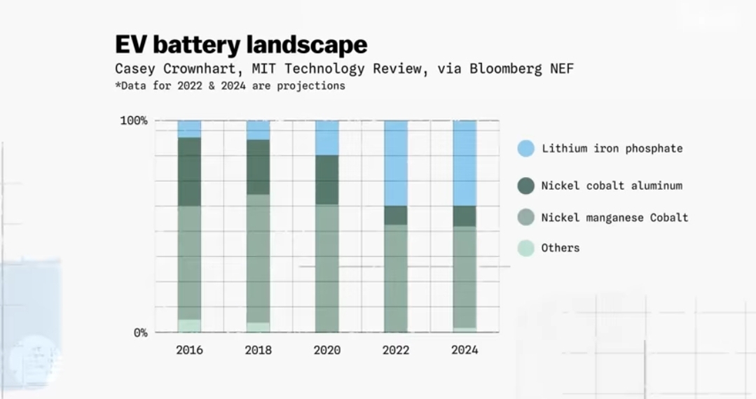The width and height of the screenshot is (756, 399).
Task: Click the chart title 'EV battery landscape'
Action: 241,45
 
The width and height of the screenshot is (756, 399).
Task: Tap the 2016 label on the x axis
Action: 189,350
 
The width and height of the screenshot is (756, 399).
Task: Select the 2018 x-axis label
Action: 258,350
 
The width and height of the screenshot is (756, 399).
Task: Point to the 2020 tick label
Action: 327,350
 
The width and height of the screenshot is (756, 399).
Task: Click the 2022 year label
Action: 396,350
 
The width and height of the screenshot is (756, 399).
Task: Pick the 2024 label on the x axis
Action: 465,350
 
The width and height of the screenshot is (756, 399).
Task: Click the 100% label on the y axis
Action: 133,120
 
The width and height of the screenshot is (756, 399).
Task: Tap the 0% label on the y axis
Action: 140,332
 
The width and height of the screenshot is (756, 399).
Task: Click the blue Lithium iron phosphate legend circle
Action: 526,148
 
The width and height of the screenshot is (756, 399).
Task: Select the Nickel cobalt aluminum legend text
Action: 612,185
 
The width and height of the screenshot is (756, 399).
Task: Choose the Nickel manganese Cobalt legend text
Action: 614,218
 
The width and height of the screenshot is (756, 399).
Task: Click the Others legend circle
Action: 526,248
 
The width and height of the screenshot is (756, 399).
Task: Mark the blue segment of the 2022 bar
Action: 396,162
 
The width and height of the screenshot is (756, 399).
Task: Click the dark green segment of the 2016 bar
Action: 189,171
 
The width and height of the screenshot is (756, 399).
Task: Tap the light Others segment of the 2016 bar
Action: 189,325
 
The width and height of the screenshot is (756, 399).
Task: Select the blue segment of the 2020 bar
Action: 327,137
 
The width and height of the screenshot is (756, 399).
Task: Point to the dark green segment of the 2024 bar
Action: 465,216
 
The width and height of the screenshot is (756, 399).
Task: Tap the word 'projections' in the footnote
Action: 313,86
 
